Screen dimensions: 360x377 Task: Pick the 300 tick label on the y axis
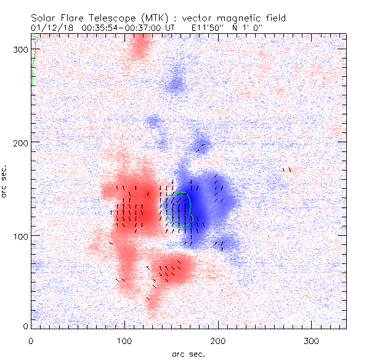(x=20, y=49)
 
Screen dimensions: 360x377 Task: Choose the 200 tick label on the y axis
(x=20, y=142)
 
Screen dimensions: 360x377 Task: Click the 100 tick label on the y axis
(x=20, y=236)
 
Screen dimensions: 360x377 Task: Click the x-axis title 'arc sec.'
(x=188, y=353)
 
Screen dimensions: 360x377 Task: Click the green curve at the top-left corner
(x=34, y=58)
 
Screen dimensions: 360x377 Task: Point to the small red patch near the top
(x=140, y=48)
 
